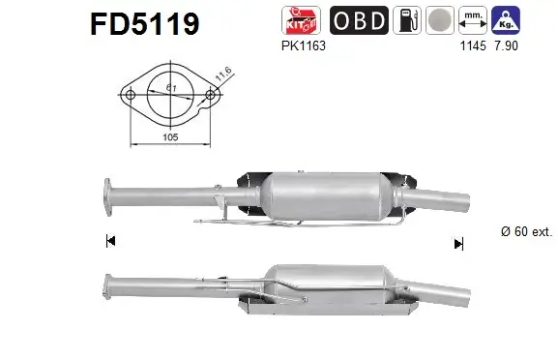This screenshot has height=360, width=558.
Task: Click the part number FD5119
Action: tap(144, 23)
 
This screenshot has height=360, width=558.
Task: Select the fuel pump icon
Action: tap(411, 20)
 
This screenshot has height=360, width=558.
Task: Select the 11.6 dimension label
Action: tap(221, 72)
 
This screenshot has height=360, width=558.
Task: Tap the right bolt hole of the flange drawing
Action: tap(210, 95)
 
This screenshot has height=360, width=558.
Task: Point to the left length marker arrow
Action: tap(110, 241)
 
